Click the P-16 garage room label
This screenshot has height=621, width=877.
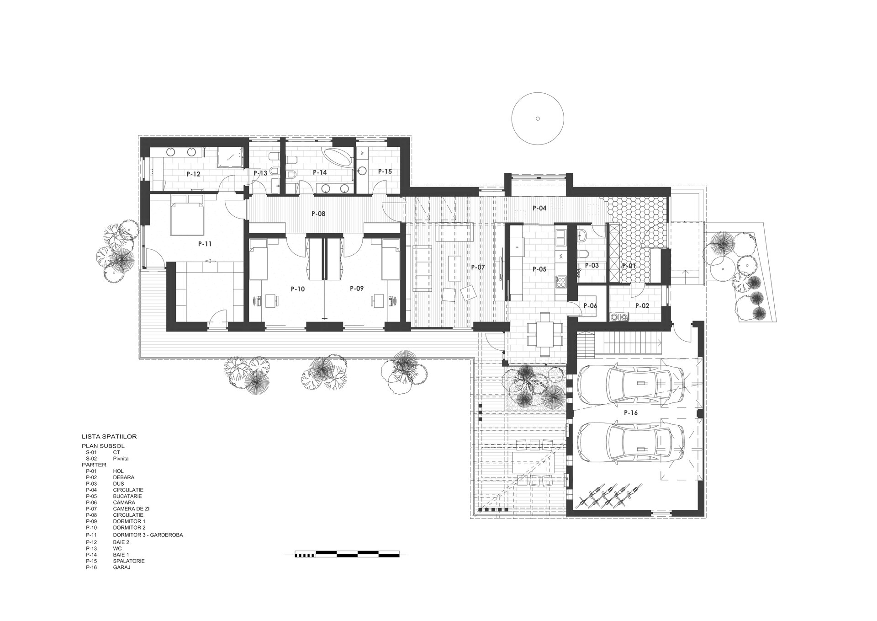(630, 413)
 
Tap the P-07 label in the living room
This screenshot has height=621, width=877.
(478, 267)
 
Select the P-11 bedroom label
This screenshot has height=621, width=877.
(205, 244)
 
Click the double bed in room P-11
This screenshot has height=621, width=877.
(187, 214)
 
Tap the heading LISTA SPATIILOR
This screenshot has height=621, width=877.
(109, 437)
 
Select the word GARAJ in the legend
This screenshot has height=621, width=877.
(122, 567)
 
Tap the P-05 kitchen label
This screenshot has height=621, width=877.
(539, 269)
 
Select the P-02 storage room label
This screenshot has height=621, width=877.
(642, 305)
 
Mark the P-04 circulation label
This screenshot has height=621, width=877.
(539, 208)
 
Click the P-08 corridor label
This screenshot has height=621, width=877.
(318, 214)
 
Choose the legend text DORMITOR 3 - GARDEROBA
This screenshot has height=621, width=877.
(148, 535)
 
